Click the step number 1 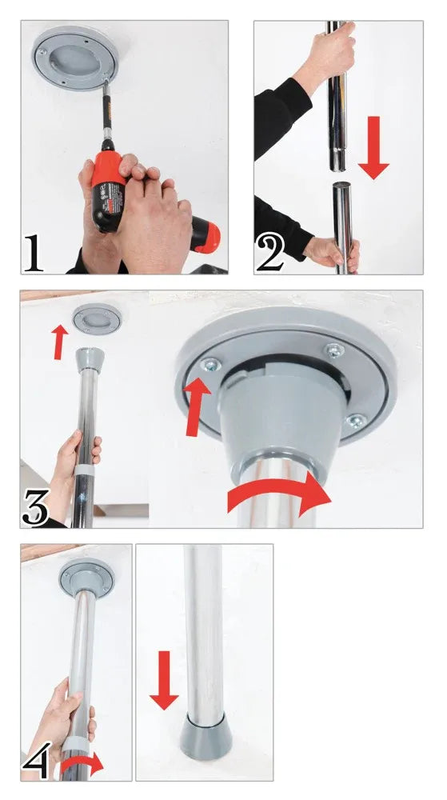[34, 252]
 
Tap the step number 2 [270, 252]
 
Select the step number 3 [36, 508]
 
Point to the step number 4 [36, 760]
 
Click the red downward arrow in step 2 [373, 148]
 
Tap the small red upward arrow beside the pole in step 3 [60, 342]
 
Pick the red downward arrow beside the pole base [164, 680]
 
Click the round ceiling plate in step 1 [75, 57]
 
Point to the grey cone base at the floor [206, 737]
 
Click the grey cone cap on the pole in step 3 [90, 358]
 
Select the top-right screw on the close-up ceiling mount [334, 350]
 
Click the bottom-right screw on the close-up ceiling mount [356, 422]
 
